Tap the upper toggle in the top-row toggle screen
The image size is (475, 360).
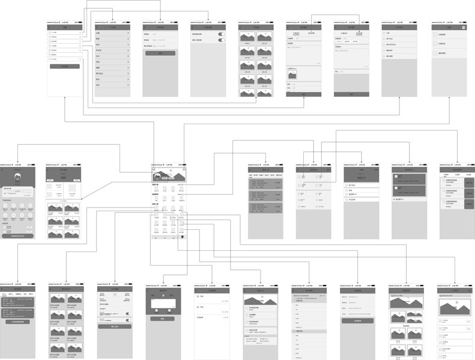tap(221, 34)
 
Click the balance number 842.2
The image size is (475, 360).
tap(361, 179)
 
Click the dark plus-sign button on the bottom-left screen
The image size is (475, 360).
tap(17, 321)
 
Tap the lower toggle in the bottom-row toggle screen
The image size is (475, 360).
tap(127, 320)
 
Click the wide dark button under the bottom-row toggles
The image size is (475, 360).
tap(115, 326)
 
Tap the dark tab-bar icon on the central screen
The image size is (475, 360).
tap(183, 236)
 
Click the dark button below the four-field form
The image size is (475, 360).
tap(357, 321)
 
